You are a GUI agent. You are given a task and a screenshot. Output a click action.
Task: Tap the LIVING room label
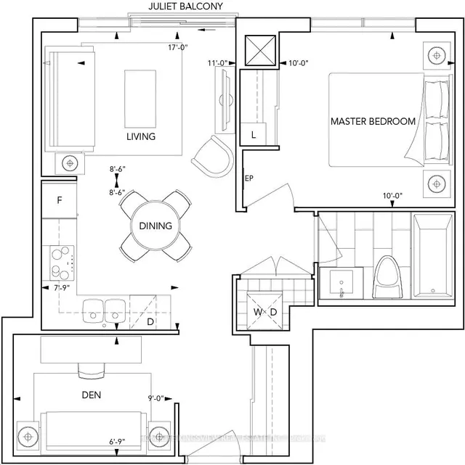141,136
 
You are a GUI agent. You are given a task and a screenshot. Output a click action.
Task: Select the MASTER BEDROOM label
373,121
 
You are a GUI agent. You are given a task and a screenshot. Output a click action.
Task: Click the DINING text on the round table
155,226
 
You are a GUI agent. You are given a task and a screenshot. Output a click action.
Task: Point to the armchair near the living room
212,154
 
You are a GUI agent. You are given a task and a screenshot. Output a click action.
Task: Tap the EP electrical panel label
247,176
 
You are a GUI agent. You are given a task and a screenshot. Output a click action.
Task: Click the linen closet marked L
254,134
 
